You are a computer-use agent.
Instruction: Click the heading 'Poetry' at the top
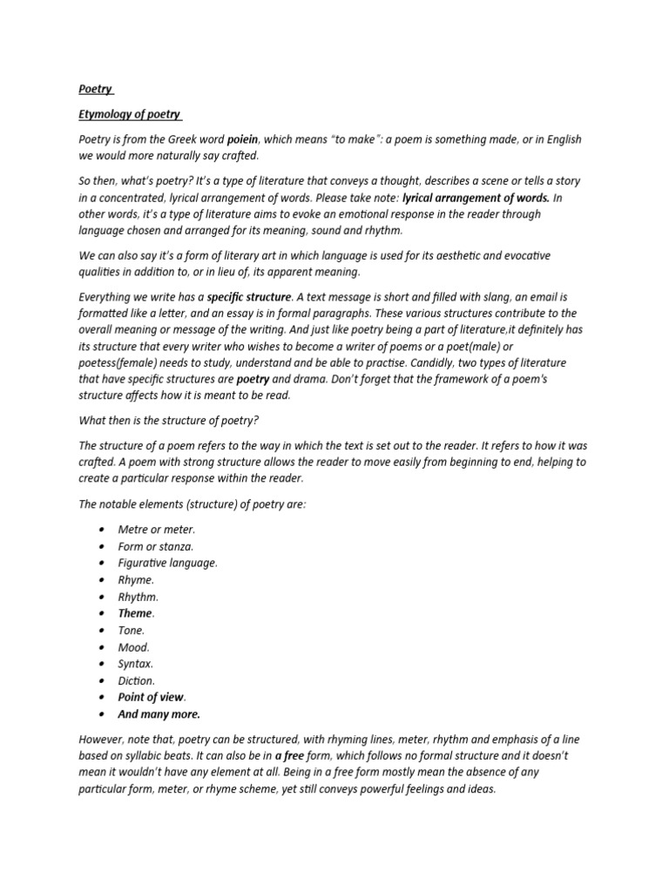[x=95, y=89]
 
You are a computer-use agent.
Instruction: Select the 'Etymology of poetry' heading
[x=131, y=114]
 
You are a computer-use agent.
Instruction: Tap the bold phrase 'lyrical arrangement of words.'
[x=476, y=198]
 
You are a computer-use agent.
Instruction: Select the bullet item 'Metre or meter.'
[x=157, y=530]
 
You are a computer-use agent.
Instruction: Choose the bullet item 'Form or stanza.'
[x=156, y=546]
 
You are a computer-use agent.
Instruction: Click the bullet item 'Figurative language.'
[x=168, y=563]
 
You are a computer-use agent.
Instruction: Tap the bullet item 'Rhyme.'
[x=136, y=580]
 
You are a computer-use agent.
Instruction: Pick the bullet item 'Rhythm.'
[x=139, y=597]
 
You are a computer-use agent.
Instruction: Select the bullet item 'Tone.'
[x=132, y=631]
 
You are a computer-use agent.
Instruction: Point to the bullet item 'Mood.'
[x=134, y=647]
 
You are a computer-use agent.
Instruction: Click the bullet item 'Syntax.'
[x=136, y=664]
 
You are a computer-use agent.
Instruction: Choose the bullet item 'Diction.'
[x=137, y=680]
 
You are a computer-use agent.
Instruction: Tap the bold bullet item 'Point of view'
[x=152, y=698]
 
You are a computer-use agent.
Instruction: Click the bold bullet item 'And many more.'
[x=159, y=714]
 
